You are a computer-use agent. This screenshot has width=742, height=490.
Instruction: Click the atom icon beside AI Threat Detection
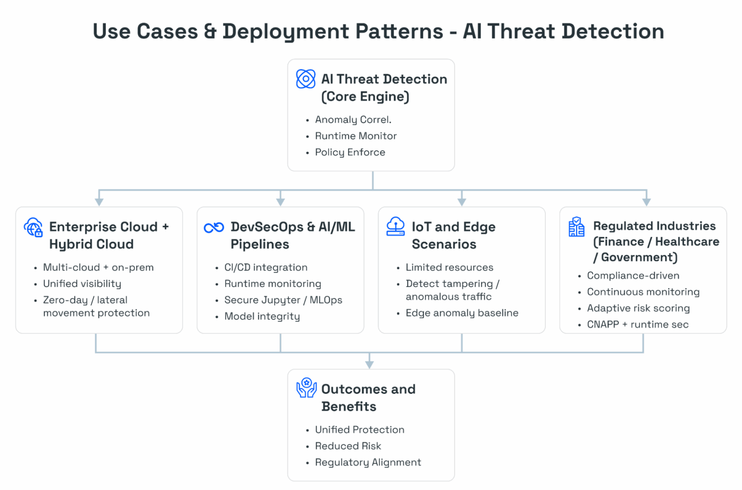[x=306, y=79]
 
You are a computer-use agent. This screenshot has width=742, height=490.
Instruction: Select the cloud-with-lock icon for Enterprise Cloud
[x=33, y=227]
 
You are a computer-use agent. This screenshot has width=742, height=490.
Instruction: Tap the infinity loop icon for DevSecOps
[x=214, y=227]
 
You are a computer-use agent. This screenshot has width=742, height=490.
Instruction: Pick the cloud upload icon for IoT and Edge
[x=396, y=226]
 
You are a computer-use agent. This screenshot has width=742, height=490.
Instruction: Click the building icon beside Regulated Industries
[x=576, y=227]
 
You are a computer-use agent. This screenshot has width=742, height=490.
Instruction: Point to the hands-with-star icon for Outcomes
[x=306, y=388]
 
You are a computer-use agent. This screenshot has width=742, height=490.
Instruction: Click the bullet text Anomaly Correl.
[x=353, y=119]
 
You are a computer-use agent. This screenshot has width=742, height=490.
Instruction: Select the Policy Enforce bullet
[x=350, y=152]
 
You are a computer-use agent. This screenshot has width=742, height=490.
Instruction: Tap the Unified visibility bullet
[x=82, y=284]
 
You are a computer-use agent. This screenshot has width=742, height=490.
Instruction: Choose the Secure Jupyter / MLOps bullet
[x=283, y=300]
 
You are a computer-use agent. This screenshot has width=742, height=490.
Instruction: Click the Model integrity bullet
[x=262, y=317]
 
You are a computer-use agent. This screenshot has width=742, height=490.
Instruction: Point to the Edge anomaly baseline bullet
[x=462, y=313]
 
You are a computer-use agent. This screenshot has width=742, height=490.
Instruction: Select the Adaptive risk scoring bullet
[x=638, y=308]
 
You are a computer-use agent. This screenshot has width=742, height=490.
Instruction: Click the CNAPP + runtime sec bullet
[x=638, y=325]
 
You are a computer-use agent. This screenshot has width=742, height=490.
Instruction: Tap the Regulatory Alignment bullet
[x=368, y=462]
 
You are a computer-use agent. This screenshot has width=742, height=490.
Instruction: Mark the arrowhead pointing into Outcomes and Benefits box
[x=370, y=364]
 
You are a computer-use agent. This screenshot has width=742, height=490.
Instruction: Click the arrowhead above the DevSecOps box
[x=281, y=202]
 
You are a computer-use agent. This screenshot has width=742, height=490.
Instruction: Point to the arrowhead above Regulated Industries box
[x=646, y=202]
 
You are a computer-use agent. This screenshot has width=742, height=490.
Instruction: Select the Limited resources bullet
[x=449, y=267]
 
